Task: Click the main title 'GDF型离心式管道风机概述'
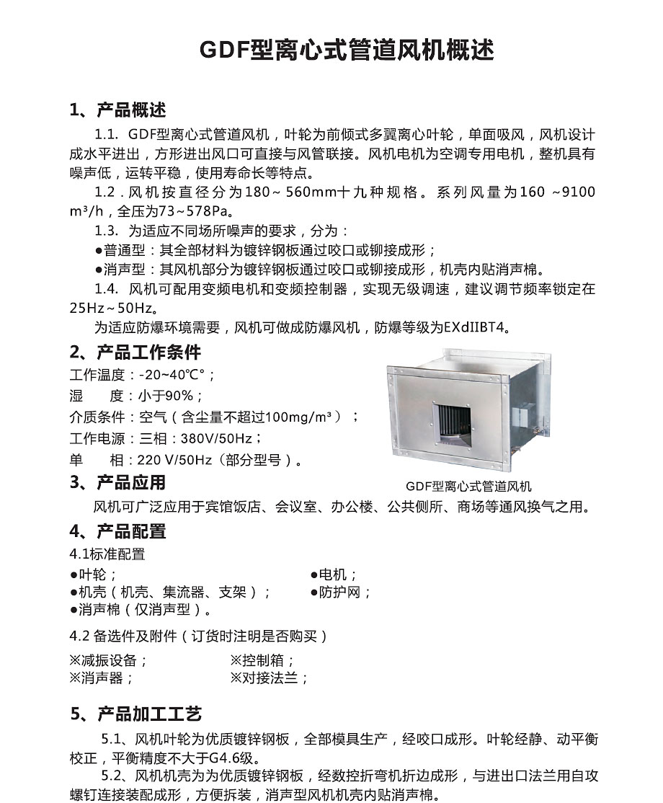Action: click(x=347, y=51)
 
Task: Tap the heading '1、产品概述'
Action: click(x=118, y=110)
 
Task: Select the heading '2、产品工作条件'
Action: click(x=135, y=352)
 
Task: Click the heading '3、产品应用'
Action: click(x=118, y=482)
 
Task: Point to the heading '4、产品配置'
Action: click(x=118, y=531)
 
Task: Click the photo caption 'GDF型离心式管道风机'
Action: click(x=468, y=487)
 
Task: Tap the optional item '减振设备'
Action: click(x=108, y=660)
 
